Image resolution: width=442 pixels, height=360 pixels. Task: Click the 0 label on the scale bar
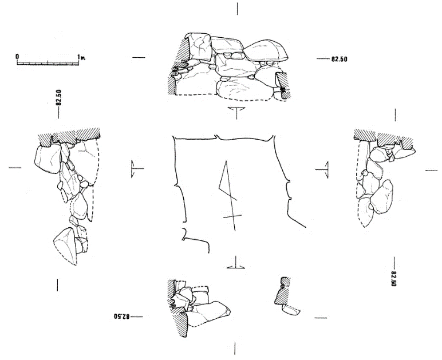18,56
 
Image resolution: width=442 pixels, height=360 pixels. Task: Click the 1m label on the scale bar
81,57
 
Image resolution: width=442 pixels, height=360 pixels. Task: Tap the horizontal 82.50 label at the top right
339,59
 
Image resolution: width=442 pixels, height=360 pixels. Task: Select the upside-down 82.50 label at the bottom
122,317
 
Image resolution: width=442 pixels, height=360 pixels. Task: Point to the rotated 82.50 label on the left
58,97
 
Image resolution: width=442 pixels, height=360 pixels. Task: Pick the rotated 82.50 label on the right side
394,279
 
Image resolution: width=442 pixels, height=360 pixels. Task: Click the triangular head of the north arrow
226,180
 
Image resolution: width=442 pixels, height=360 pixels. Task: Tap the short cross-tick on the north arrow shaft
232,216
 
